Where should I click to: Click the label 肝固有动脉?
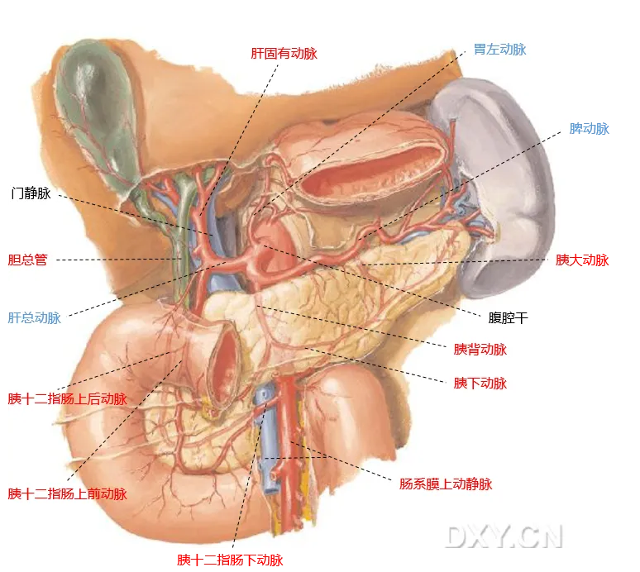(284, 54)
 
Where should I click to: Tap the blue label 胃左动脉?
(499, 50)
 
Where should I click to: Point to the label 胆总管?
(27, 260)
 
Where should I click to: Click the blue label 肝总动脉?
(35, 317)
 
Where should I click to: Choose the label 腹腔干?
(508, 317)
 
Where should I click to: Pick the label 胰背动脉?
(480, 350)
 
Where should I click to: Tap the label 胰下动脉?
(480, 384)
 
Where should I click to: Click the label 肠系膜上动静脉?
(445, 484)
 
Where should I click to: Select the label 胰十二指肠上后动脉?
(67, 399)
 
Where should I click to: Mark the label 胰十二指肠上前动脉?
(67, 494)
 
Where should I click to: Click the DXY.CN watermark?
(504, 536)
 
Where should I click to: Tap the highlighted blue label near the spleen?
(590, 129)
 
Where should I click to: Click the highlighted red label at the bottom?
(229, 560)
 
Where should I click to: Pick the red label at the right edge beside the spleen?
(582, 260)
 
